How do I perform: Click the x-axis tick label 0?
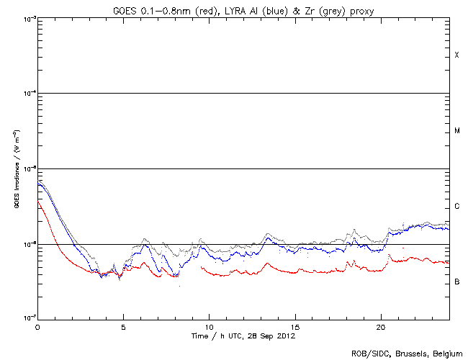point(37,326)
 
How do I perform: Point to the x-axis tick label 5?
point(123,326)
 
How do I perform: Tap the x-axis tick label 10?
point(209,326)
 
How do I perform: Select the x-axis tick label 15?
point(294,326)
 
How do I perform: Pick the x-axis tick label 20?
point(380,326)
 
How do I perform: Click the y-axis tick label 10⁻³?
point(28,17)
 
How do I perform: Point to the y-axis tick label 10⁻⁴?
point(28,94)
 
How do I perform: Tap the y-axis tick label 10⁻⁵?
point(28,169)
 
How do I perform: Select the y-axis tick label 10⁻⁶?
point(28,245)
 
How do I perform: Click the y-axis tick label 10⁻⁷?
point(28,318)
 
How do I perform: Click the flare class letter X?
point(456,55)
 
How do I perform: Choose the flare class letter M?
point(456,131)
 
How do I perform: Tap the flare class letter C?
point(456,207)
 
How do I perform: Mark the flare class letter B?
point(456,282)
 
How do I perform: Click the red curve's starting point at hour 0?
point(38,202)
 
